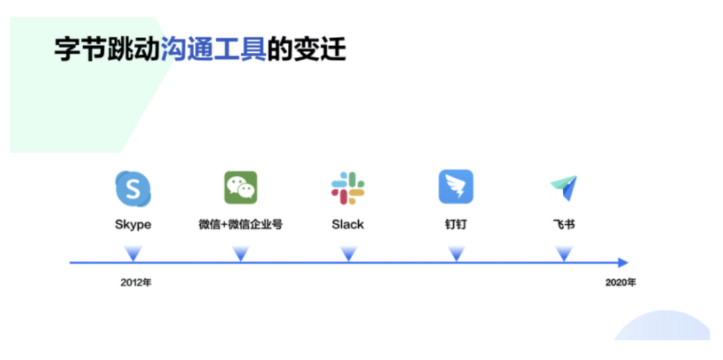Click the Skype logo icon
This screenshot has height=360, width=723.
[133, 188]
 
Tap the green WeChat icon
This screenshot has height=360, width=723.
[240, 187]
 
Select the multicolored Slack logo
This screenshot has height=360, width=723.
[348, 188]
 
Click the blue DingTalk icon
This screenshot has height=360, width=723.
[456, 187]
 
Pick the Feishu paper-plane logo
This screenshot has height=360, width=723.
[564, 188]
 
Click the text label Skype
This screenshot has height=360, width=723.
[133, 225]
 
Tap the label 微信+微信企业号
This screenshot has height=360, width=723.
[241, 225]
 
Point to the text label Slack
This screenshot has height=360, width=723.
[348, 225]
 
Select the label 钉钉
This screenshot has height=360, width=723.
[456, 225]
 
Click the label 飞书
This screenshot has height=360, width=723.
[564, 225]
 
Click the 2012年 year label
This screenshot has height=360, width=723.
[136, 282]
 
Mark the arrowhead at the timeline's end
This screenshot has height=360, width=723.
[623, 263]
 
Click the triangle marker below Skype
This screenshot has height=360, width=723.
[133, 254]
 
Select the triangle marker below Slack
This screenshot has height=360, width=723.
[348, 254]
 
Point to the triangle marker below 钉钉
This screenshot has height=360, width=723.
[456, 254]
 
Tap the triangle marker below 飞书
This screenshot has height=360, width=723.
[564, 254]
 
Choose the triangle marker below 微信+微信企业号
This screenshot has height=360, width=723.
[241, 254]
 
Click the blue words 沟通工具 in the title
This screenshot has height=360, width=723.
[214, 50]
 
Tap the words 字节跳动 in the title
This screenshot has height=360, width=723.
[107, 50]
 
